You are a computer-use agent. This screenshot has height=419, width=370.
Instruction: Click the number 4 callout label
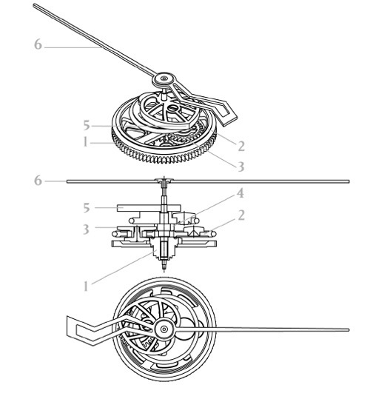(240, 193)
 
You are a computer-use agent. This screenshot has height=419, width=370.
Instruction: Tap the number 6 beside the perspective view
(38, 44)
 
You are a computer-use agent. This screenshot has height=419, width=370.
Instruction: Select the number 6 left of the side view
(38, 181)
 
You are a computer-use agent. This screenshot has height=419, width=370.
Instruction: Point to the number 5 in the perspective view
(86, 125)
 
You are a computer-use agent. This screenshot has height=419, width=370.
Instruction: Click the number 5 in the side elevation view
(86, 207)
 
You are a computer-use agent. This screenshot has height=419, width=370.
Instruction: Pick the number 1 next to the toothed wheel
(85, 142)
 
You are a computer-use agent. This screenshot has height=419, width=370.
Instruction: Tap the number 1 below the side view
(86, 286)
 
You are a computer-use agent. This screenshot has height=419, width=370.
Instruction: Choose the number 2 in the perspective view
(241, 146)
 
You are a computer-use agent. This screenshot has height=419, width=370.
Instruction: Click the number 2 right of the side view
(241, 215)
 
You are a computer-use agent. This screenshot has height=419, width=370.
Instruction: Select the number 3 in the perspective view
(241, 167)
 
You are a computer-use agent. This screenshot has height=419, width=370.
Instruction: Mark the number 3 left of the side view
(86, 229)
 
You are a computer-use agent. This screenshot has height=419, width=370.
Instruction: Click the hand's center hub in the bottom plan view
(164, 329)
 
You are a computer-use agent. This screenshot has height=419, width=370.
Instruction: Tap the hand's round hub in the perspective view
(164, 78)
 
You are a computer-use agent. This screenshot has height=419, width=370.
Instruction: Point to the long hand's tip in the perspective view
(35, 5)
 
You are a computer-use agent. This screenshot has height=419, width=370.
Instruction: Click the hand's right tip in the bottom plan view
(348, 330)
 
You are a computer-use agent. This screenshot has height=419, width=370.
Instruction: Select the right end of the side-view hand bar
(349, 181)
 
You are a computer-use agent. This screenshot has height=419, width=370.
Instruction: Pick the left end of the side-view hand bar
(67, 181)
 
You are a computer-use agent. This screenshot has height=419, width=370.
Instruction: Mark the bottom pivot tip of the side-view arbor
(164, 270)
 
